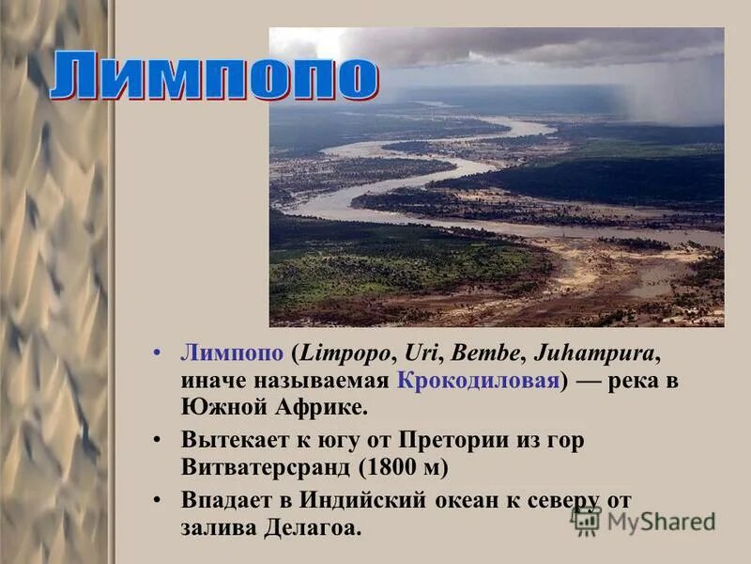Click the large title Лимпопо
(x=213, y=77)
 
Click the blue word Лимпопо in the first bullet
(x=232, y=353)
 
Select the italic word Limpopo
(x=345, y=353)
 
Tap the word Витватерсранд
(x=268, y=467)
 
